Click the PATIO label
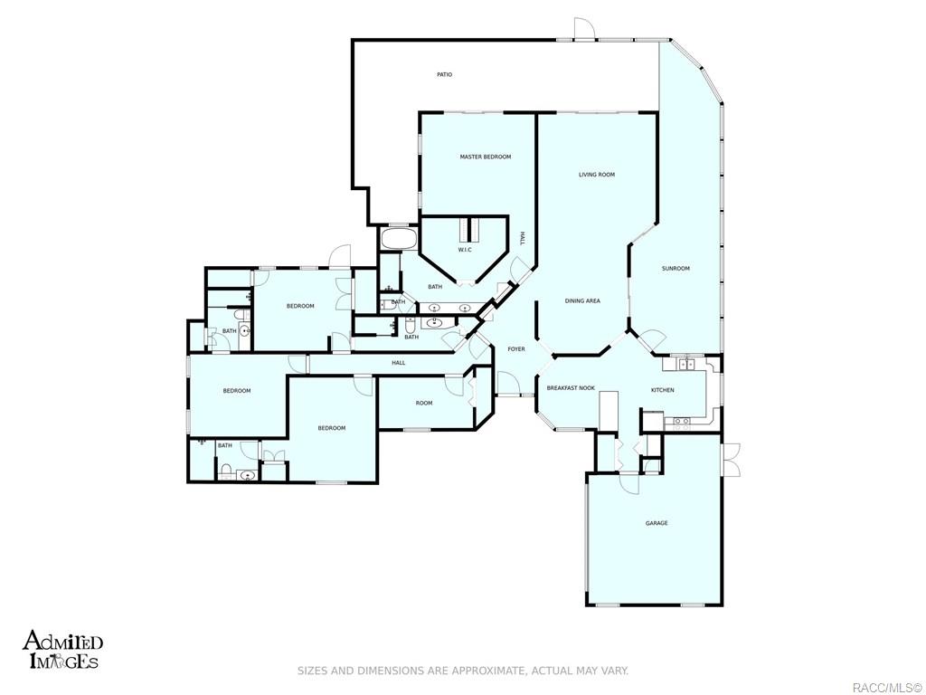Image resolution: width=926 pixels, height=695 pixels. [x=444, y=74]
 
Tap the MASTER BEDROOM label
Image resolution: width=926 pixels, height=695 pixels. [x=485, y=157]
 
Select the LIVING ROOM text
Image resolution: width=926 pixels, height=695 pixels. [x=597, y=175]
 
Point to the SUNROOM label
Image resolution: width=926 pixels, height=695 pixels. [x=676, y=268]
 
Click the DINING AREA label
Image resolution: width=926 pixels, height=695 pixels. [x=582, y=301]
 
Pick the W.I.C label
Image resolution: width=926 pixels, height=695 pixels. [x=465, y=250]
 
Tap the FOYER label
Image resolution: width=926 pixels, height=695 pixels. [x=515, y=349]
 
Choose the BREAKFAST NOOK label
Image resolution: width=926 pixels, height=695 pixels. [x=571, y=387]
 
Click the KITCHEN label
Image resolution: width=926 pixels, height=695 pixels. [x=663, y=390]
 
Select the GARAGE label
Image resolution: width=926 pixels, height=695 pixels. [x=657, y=523]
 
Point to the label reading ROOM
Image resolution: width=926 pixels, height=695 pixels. [x=424, y=403]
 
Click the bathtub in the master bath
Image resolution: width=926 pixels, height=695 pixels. [x=399, y=240]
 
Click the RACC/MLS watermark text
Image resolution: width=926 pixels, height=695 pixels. [x=886, y=687]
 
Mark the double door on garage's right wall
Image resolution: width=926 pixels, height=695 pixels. [x=731, y=459]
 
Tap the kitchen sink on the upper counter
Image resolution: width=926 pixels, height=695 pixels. [x=686, y=364]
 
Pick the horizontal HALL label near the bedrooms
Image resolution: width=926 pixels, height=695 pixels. [x=398, y=363]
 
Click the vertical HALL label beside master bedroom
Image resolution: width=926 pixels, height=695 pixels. [x=522, y=238]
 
